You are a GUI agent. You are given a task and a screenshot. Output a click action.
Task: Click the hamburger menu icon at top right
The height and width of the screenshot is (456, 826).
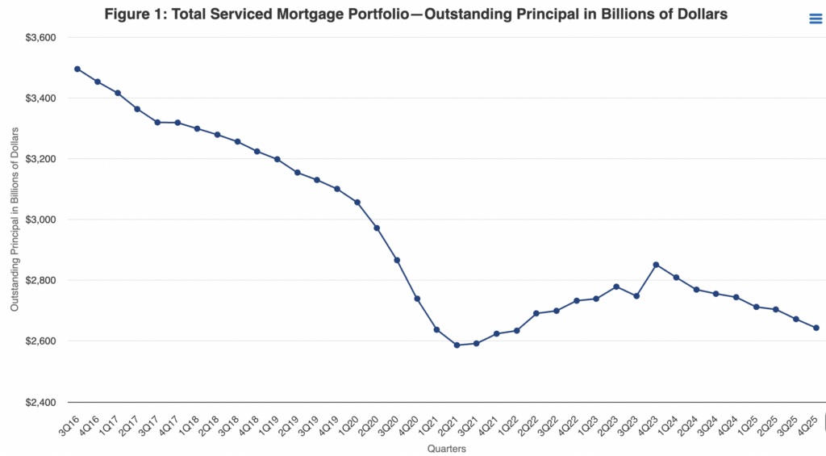point(816,19)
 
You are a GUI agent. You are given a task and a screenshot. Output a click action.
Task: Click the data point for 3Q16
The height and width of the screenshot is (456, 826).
point(77,69)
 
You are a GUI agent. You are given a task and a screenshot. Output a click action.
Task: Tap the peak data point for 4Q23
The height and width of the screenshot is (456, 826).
point(657,265)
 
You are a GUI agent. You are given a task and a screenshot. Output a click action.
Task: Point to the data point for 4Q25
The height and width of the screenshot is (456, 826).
point(816,328)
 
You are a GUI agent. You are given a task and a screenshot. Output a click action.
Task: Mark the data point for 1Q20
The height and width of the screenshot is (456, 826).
point(357,202)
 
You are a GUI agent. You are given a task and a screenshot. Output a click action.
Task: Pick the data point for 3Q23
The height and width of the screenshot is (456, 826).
point(636,296)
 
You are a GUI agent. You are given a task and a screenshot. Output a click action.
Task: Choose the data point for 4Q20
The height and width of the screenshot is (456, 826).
point(417,299)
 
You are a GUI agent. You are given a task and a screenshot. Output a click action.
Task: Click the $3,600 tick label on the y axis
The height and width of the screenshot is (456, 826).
point(40,38)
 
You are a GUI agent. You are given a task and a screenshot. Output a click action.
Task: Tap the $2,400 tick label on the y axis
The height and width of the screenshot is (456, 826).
point(40,402)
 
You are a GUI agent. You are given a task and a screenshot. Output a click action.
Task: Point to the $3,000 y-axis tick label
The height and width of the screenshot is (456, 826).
point(40,220)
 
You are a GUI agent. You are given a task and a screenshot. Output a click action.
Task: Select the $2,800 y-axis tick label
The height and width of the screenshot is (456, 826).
point(40,280)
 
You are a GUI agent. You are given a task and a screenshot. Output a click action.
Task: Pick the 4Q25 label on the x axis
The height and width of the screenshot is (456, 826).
point(809,420)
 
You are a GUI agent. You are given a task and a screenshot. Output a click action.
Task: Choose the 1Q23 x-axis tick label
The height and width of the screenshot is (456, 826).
point(590,420)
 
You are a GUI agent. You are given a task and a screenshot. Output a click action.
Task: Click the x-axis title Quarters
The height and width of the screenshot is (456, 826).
point(446,449)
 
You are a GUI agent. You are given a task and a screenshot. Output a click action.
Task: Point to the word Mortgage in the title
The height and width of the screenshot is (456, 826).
point(305,15)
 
